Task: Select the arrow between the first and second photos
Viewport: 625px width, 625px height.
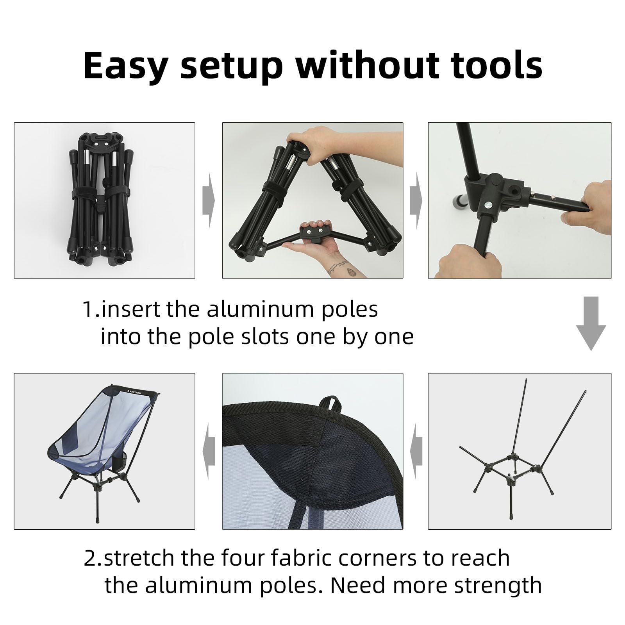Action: click(208, 201)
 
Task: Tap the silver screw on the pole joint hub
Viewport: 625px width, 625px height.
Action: click(488, 204)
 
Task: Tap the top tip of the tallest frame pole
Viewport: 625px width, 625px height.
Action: click(526, 380)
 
